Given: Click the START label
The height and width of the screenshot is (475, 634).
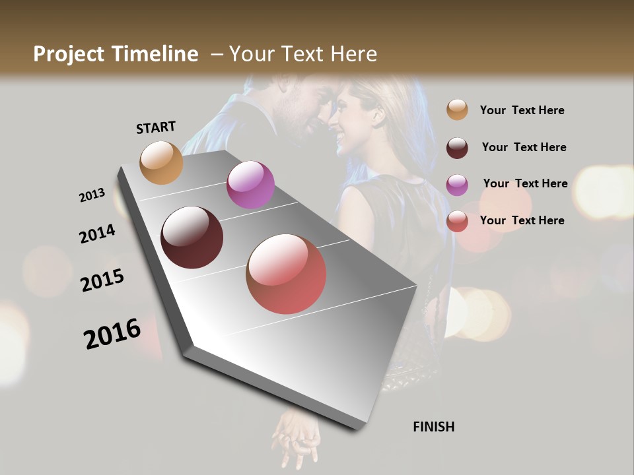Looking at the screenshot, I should pyautogui.click(x=156, y=127).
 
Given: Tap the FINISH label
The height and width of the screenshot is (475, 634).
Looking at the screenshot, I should pyautogui.click(x=433, y=427).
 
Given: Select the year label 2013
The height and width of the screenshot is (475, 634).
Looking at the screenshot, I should pyautogui.click(x=92, y=195).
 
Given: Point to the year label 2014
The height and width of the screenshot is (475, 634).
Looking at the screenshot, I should pyautogui.click(x=97, y=234).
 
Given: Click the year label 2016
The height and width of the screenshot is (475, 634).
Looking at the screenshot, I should pyautogui.click(x=112, y=334).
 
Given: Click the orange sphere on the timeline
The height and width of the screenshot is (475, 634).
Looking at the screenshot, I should pyautogui.click(x=161, y=162).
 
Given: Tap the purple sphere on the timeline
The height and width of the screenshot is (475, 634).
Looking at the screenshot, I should pyautogui.click(x=250, y=185).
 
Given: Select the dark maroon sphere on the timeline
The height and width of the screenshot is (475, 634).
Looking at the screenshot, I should pyautogui.click(x=192, y=237).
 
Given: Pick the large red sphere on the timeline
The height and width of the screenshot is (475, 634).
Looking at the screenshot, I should pyautogui.click(x=286, y=274).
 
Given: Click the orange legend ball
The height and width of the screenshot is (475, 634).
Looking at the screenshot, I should pyautogui.click(x=457, y=110).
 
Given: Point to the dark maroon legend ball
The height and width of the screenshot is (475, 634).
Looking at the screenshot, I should pyautogui.click(x=457, y=148).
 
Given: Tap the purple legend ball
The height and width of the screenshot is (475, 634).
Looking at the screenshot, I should pyautogui.click(x=457, y=185).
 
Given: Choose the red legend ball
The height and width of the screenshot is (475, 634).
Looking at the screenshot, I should pyautogui.click(x=457, y=221).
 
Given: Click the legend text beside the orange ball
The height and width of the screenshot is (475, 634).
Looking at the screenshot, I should pyautogui.click(x=522, y=110).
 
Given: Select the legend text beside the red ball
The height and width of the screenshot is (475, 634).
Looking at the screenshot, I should pyautogui.click(x=522, y=220).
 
